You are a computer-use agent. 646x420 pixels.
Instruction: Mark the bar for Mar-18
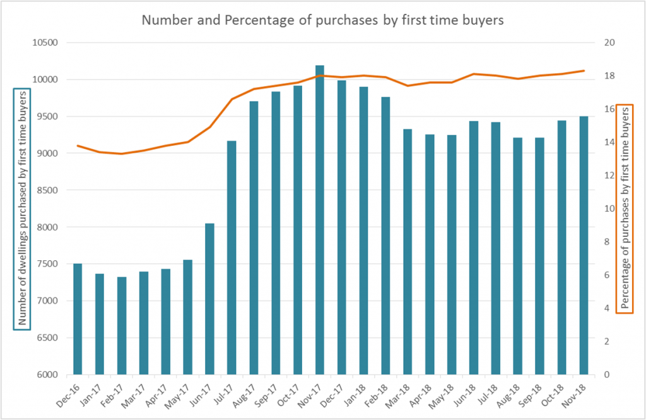(x=408, y=252)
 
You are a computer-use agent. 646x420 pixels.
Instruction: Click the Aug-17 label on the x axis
(x=247, y=393)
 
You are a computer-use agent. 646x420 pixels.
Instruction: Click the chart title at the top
(x=322, y=20)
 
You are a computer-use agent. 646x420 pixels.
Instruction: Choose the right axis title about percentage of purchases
(x=624, y=208)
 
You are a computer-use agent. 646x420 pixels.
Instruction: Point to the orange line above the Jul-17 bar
(x=232, y=99)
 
